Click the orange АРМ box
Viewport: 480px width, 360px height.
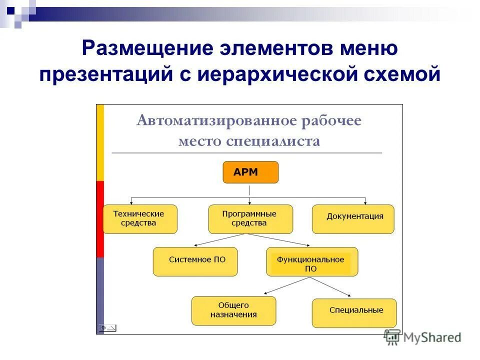click(250, 172)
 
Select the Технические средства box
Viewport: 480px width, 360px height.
click(140, 219)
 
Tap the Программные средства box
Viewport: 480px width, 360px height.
click(250, 219)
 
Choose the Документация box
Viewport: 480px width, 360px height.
click(353, 219)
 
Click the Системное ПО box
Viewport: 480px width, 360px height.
click(195, 261)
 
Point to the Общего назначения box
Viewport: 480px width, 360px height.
click(233, 310)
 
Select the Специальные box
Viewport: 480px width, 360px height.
click(354, 313)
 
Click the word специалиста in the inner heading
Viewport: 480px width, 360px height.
click(273, 141)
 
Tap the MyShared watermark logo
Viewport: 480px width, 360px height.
click(422, 337)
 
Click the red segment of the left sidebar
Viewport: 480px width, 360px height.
click(100, 219)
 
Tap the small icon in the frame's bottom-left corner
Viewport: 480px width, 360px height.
click(107, 328)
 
